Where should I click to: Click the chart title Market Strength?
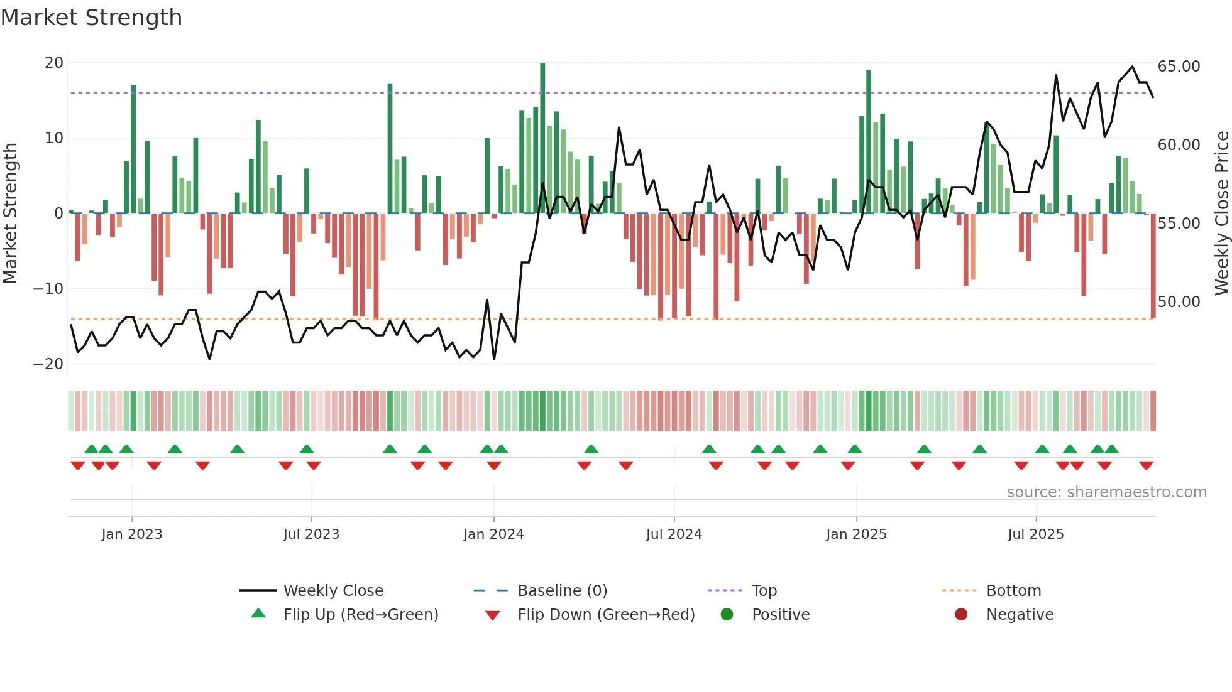pyautogui.click(x=91, y=18)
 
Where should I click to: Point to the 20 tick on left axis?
pyautogui.click(x=54, y=63)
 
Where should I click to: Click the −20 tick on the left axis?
pyautogui.click(x=48, y=364)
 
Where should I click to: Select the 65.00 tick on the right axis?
pyautogui.click(x=1179, y=67)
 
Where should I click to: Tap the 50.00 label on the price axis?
pyautogui.click(x=1179, y=302)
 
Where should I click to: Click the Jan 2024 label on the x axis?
pyautogui.click(x=493, y=534)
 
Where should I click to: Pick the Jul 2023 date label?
pyautogui.click(x=311, y=534)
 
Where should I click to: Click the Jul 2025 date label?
pyautogui.click(x=1035, y=534)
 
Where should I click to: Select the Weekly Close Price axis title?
pyautogui.click(x=1221, y=214)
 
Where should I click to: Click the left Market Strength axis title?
pyautogui.click(x=10, y=214)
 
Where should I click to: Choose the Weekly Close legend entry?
pyautogui.click(x=333, y=591)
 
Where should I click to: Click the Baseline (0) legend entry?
pyautogui.click(x=562, y=591)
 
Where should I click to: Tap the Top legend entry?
pyautogui.click(x=764, y=591)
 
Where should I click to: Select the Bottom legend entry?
pyautogui.click(x=1013, y=591)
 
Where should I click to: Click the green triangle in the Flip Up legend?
pyautogui.click(x=258, y=614)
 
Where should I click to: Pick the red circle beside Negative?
pyautogui.click(x=961, y=614)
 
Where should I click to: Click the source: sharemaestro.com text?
pyautogui.click(x=1106, y=492)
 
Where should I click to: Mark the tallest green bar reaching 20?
pyautogui.click(x=542, y=138)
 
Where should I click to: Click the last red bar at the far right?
pyautogui.click(x=1153, y=265)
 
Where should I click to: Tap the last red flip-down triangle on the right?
pyautogui.click(x=1146, y=465)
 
